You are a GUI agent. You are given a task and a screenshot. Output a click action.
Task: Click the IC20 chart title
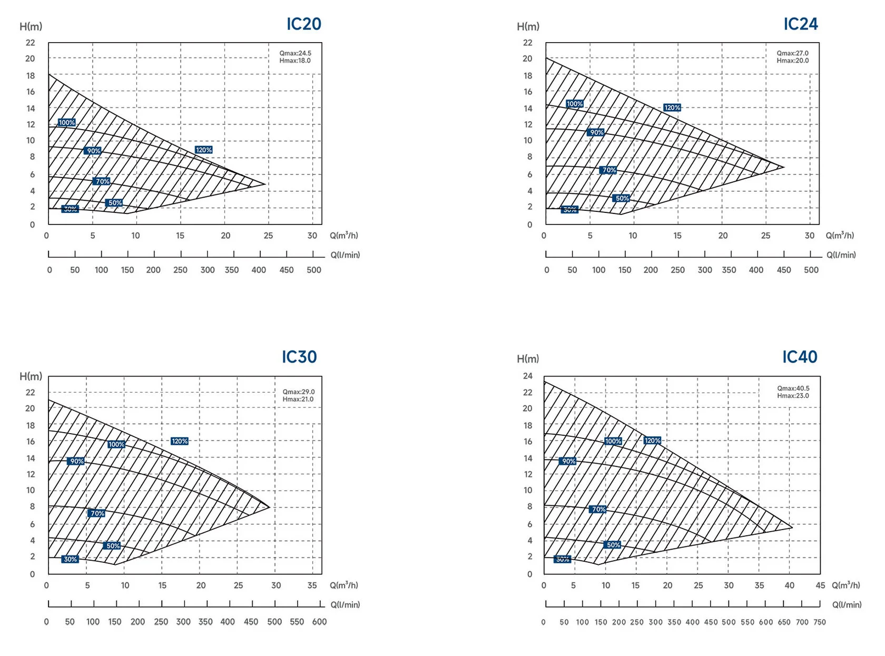(x=303, y=24)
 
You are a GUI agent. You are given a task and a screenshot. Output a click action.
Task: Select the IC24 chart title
(x=800, y=24)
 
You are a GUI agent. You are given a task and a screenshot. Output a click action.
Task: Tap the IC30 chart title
(x=299, y=357)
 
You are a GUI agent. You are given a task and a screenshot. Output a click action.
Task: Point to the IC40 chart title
(x=799, y=357)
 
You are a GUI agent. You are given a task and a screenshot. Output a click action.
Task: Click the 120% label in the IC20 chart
(x=203, y=150)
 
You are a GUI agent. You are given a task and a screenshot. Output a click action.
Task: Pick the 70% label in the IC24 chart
(x=608, y=170)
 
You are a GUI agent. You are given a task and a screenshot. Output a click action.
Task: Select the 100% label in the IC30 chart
(x=116, y=445)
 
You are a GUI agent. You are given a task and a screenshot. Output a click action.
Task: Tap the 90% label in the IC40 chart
(x=568, y=462)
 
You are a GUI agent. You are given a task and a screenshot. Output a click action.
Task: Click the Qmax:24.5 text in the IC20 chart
(x=295, y=53)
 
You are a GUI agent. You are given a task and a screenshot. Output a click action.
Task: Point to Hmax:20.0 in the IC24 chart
(x=792, y=61)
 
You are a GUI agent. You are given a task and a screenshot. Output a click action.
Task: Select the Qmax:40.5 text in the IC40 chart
(x=793, y=388)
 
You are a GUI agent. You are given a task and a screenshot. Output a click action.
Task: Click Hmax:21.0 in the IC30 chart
(x=298, y=399)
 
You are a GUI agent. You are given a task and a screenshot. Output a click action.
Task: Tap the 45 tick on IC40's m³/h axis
(x=820, y=585)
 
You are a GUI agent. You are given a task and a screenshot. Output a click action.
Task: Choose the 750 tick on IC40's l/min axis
(x=819, y=622)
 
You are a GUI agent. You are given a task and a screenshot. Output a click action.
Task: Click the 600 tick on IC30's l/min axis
(x=319, y=622)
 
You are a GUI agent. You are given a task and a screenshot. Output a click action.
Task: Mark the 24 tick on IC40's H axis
(x=527, y=376)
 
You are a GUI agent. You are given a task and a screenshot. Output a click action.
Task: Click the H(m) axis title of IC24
(x=528, y=27)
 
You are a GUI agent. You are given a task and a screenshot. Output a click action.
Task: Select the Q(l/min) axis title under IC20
(x=345, y=255)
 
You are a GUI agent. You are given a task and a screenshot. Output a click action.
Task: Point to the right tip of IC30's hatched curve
(x=269, y=507)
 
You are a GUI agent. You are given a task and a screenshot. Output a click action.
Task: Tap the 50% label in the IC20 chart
(x=114, y=203)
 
